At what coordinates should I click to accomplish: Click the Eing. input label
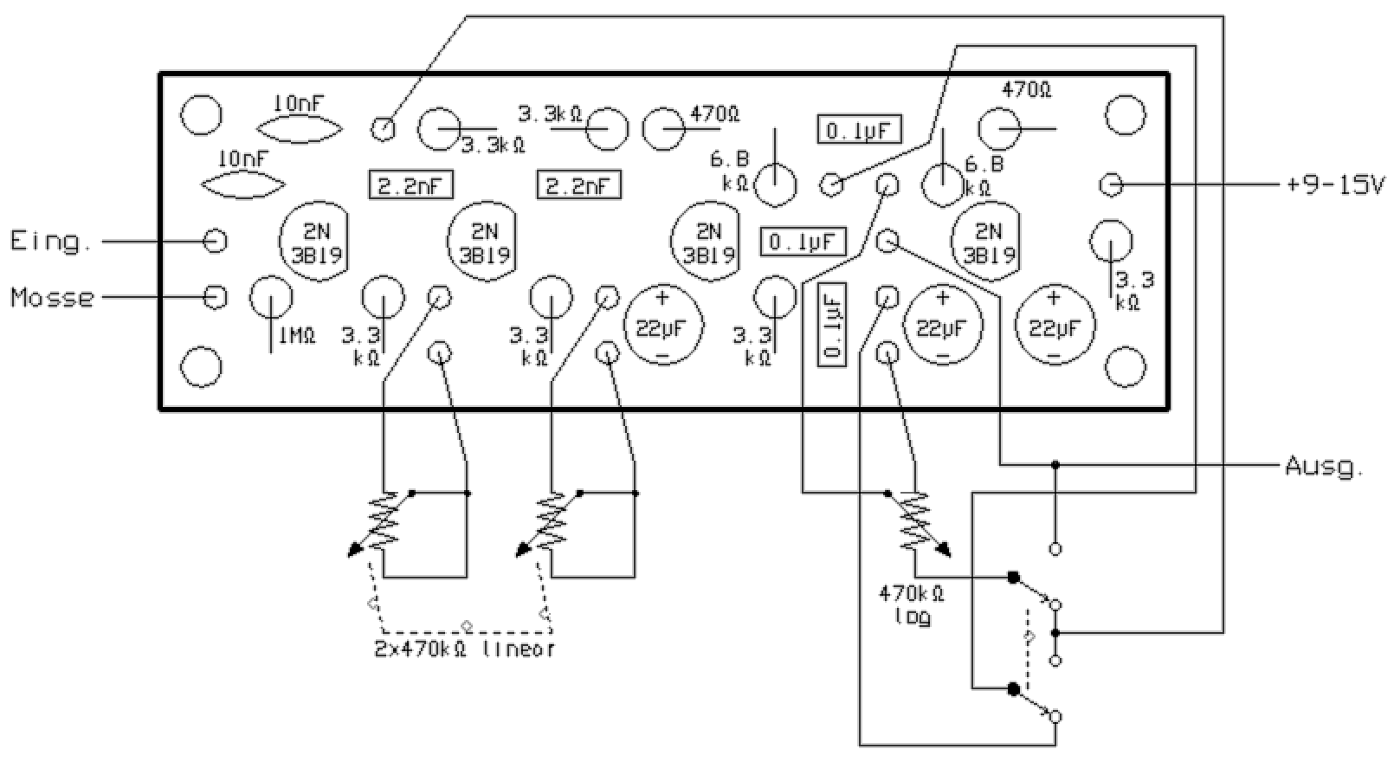click(50, 241)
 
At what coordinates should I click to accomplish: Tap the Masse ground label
click(52, 298)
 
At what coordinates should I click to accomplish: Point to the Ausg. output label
click(1323, 467)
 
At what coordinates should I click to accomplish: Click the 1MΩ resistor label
click(295, 336)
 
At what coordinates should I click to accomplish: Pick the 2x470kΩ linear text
click(464, 649)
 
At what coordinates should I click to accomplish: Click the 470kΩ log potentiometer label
click(912, 605)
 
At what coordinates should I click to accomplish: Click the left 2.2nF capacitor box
click(411, 185)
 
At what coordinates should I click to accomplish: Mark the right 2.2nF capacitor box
click(579, 185)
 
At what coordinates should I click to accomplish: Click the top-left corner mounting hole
click(201, 114)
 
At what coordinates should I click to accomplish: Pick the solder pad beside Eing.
click(215, 241)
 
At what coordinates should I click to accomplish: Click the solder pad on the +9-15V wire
click(1112, 184)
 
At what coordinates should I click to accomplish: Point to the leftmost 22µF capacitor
click(662, 326)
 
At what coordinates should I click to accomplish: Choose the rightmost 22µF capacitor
click(1054, 326)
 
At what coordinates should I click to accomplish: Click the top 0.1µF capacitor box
click(860, 130)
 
